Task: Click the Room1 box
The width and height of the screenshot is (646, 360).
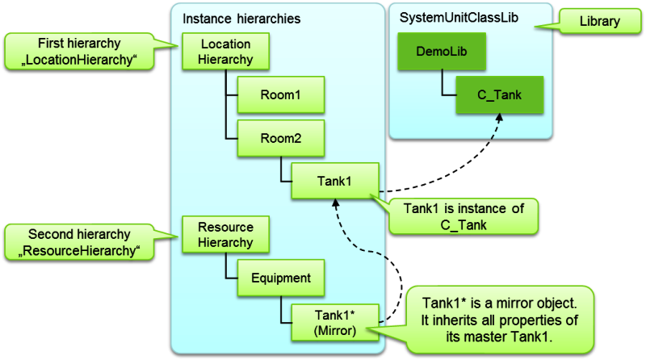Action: (279, 95)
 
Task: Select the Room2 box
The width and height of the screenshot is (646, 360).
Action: (279, 138)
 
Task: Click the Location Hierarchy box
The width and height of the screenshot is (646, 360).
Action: (224, 52)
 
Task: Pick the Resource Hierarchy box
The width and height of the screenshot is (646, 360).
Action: (225, 234)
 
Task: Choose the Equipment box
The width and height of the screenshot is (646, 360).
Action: (279, 278)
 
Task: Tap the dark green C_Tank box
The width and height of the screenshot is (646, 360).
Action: (499, 95)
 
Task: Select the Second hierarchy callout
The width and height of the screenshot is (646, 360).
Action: (79, 242)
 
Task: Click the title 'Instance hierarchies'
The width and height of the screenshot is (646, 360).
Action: (231, 18)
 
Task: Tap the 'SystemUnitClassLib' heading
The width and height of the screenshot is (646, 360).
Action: (449, 18)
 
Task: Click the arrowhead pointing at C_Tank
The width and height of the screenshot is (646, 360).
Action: (500, 119)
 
